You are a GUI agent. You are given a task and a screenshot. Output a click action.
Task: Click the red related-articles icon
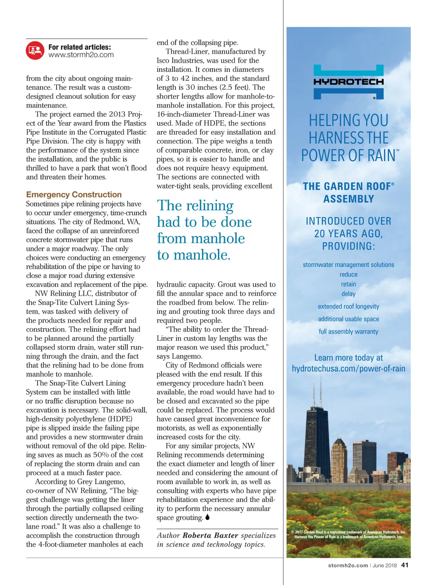point(35,50)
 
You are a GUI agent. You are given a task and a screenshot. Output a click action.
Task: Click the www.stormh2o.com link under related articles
point(81,55)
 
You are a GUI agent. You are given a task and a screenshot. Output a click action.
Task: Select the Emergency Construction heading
point(74,195)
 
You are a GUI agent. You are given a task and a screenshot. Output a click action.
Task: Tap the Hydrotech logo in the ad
point(348,82)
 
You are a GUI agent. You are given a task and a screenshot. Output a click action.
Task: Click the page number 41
point(405,565)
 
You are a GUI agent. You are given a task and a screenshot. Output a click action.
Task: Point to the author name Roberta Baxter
point(210,535)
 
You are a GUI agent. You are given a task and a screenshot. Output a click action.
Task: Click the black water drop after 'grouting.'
point(207,517)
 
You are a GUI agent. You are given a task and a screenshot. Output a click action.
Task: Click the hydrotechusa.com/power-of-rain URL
point(348,368)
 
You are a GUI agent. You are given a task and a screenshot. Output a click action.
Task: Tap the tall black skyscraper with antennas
point(317,435)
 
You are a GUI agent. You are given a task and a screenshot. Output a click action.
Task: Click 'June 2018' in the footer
point(385,565)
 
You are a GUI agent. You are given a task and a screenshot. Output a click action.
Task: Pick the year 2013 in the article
point(117,114)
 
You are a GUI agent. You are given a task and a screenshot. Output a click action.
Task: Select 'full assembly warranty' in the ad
point(348,331)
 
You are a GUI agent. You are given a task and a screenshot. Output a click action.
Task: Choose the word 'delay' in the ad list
point(348,294)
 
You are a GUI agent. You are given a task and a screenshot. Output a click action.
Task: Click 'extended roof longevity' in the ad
point(348,306)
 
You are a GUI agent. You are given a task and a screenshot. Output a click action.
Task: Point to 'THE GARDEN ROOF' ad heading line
point(347,187)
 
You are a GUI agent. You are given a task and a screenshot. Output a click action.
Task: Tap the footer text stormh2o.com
point(348,565)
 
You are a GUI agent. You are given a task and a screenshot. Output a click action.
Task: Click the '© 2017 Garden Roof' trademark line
point(348,532)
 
